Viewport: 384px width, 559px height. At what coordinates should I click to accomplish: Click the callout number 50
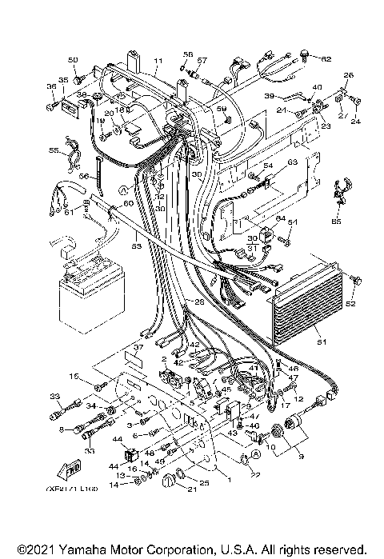[x=73, y=61]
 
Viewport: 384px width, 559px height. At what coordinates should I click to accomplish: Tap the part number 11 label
[x=158, y=62]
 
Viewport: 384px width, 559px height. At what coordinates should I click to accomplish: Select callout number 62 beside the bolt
[x=326, y=59]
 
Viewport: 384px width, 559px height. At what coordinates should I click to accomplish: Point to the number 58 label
[x=188, y=54]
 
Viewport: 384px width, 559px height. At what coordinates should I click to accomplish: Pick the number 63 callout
[x=292, y=162]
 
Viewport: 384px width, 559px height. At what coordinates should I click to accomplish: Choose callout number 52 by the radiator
[x=349, y=304]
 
